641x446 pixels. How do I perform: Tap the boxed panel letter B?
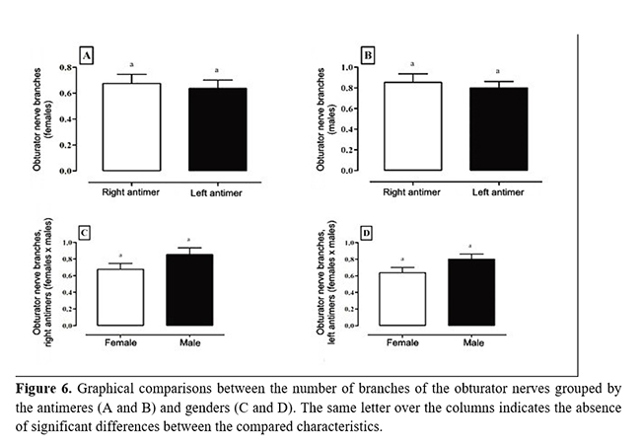[368, 55]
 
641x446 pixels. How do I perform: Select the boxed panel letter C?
[85, 233]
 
